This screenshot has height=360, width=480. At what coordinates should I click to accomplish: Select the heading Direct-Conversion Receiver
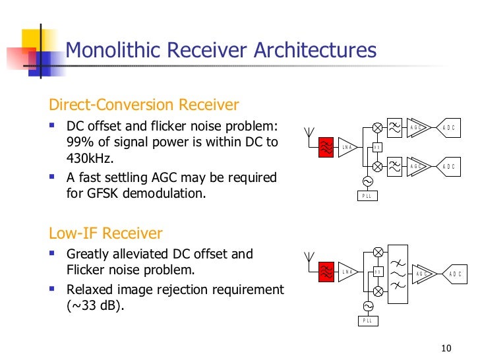click(x=144, y=105)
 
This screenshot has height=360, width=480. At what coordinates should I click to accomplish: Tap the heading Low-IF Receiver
click(x=105, y=233)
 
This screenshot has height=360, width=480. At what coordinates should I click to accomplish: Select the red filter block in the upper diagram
click(x=326, y=148)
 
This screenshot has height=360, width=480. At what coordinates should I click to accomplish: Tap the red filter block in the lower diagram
click(x=326, y=272)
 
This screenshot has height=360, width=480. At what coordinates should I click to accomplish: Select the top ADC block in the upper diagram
click(x=448, y=127)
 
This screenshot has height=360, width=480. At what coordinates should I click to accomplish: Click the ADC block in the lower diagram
click(x=454, y=274)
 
